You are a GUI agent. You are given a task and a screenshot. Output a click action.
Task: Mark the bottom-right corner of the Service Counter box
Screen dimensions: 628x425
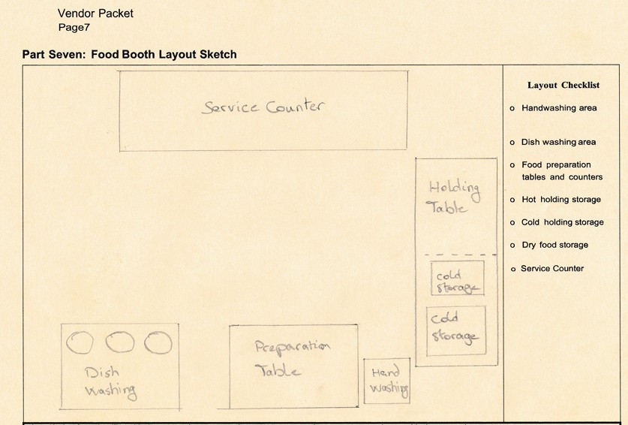407,149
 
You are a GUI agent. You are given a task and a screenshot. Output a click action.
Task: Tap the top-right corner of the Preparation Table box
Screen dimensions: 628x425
357,325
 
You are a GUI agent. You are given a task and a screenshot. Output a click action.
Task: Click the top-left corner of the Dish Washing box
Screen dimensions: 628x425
62,324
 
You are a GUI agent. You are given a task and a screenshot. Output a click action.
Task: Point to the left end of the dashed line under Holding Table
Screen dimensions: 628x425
425,255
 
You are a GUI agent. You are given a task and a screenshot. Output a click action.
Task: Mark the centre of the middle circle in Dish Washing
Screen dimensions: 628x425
120,342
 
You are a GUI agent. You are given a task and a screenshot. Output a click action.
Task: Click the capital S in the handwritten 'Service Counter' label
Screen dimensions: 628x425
209,108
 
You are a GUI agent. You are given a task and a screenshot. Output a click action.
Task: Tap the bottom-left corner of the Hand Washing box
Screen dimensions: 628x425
364,403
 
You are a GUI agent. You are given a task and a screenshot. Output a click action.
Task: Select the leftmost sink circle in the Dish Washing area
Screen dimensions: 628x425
80,343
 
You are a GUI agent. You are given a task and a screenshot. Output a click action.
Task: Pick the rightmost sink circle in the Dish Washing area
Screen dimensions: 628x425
158,343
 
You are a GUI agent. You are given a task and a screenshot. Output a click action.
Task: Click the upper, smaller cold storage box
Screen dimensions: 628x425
458,278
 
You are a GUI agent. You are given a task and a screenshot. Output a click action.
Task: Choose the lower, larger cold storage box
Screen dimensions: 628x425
456,331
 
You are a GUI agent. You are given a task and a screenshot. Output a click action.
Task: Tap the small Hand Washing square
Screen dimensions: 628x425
387,381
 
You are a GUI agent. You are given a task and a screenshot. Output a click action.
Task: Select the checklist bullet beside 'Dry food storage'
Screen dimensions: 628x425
512,246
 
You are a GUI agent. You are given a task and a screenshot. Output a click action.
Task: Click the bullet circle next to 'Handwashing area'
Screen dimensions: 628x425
512,108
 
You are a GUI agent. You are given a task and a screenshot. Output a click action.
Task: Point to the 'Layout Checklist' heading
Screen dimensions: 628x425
563,85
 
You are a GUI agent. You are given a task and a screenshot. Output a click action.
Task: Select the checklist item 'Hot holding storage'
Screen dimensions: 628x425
561,200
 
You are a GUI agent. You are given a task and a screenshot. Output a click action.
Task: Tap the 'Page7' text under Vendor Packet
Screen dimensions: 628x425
74,27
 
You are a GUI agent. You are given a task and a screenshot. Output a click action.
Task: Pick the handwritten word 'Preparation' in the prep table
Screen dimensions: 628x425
293,348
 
